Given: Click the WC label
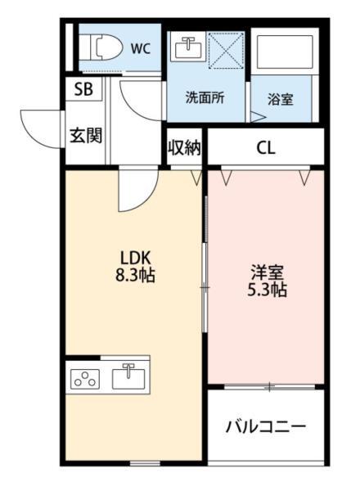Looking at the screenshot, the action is (141, 48).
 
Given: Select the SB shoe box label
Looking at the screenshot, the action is (83, 89).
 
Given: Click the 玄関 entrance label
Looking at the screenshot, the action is (86, 136).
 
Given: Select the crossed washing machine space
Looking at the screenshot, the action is (226, 50).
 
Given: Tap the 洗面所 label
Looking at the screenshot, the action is (205, 97).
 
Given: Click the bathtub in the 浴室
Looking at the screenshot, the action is (284, 52).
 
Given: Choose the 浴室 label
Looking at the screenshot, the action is (280, 99).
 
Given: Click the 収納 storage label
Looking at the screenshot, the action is (184, 146).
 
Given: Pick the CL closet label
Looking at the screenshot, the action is (266, 148).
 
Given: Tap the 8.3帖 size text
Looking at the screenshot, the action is (135, 275).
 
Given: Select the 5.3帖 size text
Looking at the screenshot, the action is (267, 290).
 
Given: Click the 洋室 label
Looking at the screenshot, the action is (267, 273).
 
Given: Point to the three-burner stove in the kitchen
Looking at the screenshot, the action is (85, 379).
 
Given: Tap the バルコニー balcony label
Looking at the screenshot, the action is (265, 426).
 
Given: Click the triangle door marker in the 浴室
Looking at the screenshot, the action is (258, 117).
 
